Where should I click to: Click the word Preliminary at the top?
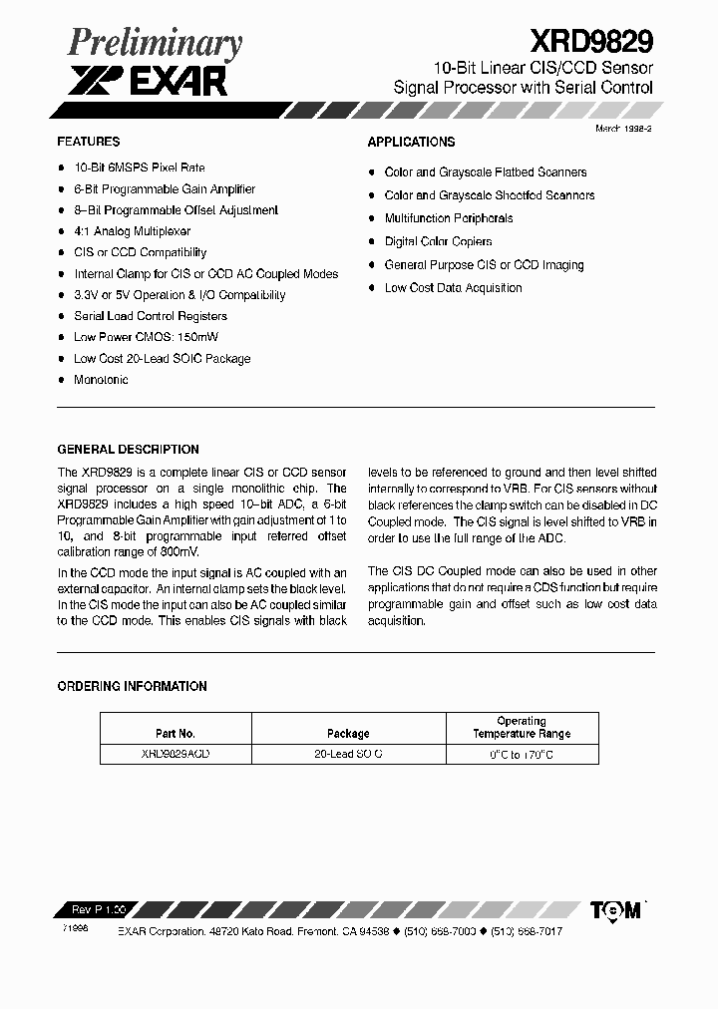155,44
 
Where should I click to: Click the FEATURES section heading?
89,142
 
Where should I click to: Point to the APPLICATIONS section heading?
411,143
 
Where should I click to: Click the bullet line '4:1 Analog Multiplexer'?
132,231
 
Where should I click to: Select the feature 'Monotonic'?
101,380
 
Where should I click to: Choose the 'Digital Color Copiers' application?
438,241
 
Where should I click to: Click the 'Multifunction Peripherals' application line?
449,218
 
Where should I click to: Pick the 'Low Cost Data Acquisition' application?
453,288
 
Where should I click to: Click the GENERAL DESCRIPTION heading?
129,450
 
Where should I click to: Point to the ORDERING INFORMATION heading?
133,687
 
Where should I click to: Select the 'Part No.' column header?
176,733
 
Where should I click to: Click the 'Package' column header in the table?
347,733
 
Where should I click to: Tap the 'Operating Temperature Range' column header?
521,727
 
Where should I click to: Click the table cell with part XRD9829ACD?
176,755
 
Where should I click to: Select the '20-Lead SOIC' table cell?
347,755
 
